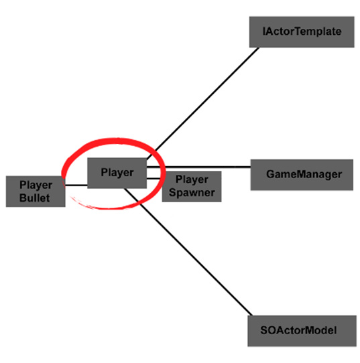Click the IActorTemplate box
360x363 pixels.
[302, 32]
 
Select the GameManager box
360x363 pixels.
[302, 175]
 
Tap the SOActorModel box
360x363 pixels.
[302, 331]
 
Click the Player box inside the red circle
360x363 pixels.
[117, 173]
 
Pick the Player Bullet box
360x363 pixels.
[36, 192]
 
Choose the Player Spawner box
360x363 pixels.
[192, 187]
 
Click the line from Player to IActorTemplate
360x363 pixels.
[202, 104]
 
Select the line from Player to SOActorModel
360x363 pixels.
[188, 252]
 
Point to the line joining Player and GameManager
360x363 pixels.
[198, 167]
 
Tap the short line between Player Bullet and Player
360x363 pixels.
[76, 186]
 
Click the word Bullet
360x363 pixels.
[34, 198]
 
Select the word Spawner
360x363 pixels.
[192, 193]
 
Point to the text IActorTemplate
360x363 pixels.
[302, 31]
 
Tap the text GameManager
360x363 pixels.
[304, 174]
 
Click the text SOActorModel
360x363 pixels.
[298, 330]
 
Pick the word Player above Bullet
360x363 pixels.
[36, 186]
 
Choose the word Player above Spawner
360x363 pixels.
[192, 179]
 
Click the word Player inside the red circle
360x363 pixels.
[117, 173]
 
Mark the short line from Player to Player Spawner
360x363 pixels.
[154, 179]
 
